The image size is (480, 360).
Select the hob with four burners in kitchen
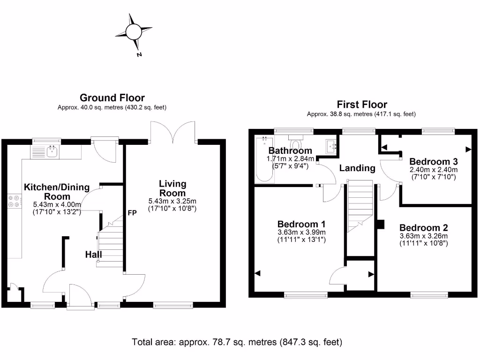(14, 201)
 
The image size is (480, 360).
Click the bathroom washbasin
(331, 146)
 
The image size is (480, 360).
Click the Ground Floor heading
(112, 97)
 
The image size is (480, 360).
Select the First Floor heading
(362, 104)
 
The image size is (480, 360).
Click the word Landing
(357, 168)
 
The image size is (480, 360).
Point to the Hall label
(93, 255)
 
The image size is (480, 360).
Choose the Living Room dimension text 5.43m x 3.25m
(172, 201)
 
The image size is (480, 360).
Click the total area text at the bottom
(237, 342)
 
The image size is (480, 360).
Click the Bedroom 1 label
(301, 224)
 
